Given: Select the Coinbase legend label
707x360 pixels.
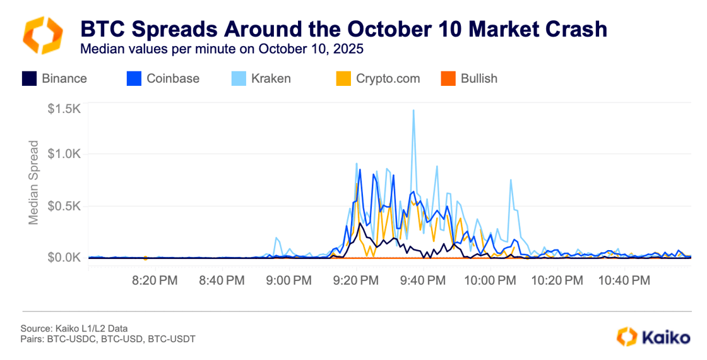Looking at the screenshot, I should [x=172, y=79].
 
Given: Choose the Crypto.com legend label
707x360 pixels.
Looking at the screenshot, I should [x=388, y=79].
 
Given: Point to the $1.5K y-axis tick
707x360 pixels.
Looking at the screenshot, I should [x=64, y=109].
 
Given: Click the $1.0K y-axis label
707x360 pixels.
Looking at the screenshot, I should [x=64, y=153].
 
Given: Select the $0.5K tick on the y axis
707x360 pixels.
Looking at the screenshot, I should [x=64, y=206].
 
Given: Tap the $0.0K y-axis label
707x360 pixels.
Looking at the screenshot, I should [x=64, y=258].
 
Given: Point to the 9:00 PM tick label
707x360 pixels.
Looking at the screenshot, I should [x=288, y=279].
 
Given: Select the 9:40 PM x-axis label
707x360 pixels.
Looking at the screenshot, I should [x=423, y=279].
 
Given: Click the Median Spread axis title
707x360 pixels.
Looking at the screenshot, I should [x=34, y=182].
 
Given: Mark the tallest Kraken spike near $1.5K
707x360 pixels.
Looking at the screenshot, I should [x=413, y=111].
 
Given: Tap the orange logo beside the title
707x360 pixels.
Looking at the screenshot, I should [x=43, y=35].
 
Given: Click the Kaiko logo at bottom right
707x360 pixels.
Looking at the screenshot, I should [x=653, y=337].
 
